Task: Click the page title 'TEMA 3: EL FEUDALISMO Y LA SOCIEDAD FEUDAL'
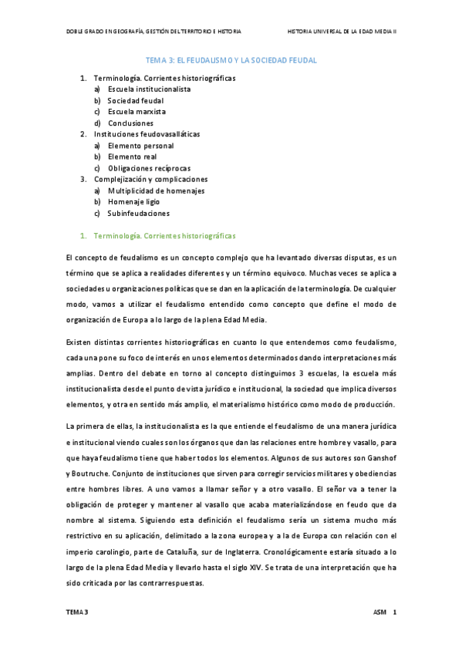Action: click(231, 59)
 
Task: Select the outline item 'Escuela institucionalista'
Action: click(150, 89)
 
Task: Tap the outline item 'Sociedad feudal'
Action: click(136, 100)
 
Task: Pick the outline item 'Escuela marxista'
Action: click(137, 112)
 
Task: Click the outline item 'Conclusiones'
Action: click(130, 123)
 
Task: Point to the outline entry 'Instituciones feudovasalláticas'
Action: click(146, 134)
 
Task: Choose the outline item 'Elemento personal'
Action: click(140, 146)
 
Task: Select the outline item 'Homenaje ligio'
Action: click(135, 202)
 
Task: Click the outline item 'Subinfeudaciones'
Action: click(139, 214)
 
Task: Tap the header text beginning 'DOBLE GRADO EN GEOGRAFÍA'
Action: click(153, 32)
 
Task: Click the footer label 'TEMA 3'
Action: click(77, 612)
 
